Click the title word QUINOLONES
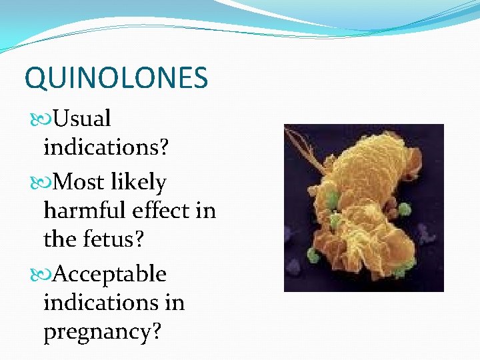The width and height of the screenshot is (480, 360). (116, 78)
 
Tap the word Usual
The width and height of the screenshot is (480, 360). (82, 119)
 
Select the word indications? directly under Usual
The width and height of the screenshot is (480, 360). (106, 148)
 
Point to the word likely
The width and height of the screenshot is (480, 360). (141, 181)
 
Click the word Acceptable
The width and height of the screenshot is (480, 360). (109, 273)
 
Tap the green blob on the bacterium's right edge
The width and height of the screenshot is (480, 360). (403, 209)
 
